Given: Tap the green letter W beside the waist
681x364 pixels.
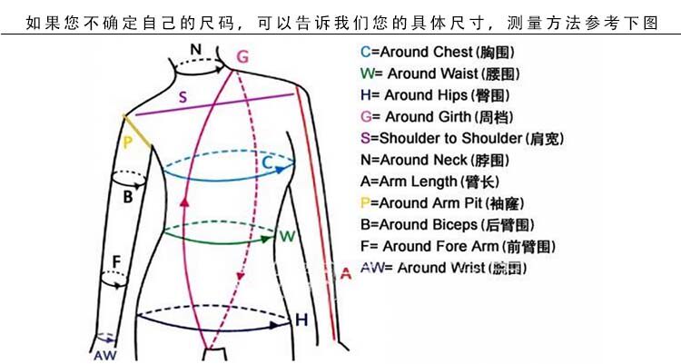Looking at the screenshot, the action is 287,237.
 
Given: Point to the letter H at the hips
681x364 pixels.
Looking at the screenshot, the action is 301,319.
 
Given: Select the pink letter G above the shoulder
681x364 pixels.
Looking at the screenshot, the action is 242,57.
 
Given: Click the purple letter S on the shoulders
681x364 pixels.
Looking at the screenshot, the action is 183,96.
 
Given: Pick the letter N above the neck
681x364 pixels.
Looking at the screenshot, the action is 196,49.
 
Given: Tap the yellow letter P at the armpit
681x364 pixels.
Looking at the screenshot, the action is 128,142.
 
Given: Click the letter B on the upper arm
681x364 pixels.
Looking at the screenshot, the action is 128,196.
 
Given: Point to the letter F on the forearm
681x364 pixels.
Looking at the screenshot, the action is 115,262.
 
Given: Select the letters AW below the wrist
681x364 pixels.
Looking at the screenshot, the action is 105,353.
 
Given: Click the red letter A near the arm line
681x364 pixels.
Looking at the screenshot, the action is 345,273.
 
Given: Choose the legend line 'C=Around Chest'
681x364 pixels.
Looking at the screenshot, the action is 438,52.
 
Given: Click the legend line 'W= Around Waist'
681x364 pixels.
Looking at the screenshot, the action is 439,74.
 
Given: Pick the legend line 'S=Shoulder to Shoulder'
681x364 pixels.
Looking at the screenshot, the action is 462,138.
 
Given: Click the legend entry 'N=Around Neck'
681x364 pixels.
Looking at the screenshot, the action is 433,160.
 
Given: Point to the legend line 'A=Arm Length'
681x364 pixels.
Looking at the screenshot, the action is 430,182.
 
